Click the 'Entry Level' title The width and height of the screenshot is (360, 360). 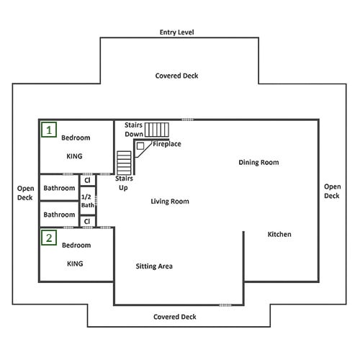pos(177,32)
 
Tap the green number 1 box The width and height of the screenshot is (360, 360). pos(49,130)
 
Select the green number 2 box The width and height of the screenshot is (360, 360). pos(49,238)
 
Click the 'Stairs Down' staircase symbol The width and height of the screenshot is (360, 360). pos(157,130)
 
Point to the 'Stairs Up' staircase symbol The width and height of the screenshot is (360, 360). pos(124,163)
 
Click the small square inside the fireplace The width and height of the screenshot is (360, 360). pos(140,146)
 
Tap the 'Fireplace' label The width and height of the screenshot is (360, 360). pos(167,144)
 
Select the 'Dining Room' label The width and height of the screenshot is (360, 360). pos(258,163)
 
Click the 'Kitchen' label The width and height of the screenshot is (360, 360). pos(279,234)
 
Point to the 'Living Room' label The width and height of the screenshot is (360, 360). pos(170,202)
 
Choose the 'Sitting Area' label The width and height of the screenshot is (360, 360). pos(154,266)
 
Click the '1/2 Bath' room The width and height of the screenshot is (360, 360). pos(88,201)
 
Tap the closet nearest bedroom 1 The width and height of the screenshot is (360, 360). pos(88,180)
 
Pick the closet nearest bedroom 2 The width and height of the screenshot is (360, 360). pos(88,221)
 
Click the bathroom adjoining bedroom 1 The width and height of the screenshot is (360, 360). pos(59,188)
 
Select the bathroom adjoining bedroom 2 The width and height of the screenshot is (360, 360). pos(59,214)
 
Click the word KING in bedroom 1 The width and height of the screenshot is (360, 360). pos(74,156)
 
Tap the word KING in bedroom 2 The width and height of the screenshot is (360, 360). pos(75,264)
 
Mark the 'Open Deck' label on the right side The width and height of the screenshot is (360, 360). pos(332,192)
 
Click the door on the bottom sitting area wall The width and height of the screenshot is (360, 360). pos(225,305)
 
